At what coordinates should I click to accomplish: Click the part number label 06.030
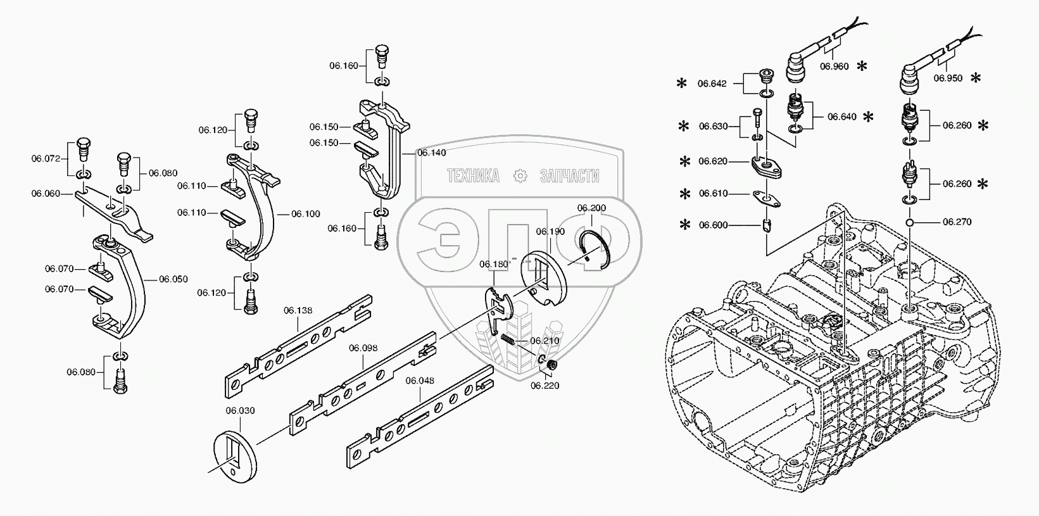(240, 411)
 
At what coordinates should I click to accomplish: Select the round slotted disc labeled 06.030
(235, 455)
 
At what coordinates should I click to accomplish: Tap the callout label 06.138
(298, 310)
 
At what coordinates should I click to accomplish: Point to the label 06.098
(363, 348)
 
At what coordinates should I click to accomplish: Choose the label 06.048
(420, 381)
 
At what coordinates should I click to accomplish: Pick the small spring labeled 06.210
(507, 341)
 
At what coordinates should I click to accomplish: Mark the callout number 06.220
(545, 385)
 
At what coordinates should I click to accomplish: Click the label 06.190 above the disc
(550, 232)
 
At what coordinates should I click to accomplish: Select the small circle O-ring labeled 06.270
(909, 222)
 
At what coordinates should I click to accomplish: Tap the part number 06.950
(948, 79)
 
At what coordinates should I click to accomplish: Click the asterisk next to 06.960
(862, 66)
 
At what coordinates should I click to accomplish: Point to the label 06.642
(712, 83)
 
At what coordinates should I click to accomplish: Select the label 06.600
(713, 225)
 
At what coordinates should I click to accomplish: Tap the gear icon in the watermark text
(519, 176)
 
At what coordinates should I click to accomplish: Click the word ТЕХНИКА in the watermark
(473, 176)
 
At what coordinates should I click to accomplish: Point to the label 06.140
(432, 153)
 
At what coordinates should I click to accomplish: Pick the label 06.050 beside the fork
(173, 279)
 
